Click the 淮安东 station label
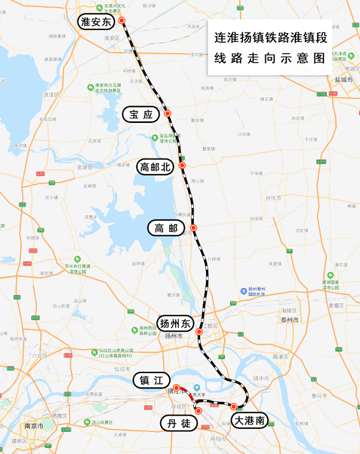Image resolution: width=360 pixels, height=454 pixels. [x=96, y=23]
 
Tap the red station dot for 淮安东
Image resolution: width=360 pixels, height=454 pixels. [x=122, y=20]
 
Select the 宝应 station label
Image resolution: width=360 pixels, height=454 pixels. [x=141, y=114]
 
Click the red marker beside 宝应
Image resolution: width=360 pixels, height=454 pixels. [x=167, y=113]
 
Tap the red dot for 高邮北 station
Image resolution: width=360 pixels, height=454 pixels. [x=182, y=165]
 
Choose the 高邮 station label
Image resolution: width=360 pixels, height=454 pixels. [x=166, y=228]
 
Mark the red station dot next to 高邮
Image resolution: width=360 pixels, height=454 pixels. [x=194, y=227]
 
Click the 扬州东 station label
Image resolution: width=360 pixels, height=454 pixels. [x=174, y=323]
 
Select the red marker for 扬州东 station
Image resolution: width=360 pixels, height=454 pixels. [x=199, y=330]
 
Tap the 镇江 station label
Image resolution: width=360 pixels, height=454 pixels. [x=151, y=380]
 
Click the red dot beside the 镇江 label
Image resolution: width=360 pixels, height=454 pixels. [x=176, y=387]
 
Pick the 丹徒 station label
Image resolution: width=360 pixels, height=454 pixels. [x=178, y=423]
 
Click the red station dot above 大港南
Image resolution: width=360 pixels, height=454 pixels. [x=233, y=407]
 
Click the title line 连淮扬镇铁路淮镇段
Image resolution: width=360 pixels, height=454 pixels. [x=271, y=37]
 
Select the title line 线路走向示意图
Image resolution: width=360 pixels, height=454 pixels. [x=271, y=59]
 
